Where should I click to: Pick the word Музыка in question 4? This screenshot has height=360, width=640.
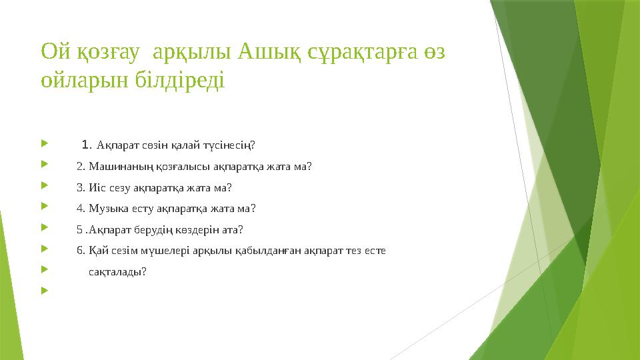102,209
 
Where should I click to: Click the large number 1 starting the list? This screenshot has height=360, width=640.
85,143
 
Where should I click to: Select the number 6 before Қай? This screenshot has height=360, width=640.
80,251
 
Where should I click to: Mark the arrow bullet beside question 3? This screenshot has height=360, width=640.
44,187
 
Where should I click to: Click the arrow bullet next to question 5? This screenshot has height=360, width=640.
44,229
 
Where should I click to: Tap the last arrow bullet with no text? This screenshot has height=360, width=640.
44,291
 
